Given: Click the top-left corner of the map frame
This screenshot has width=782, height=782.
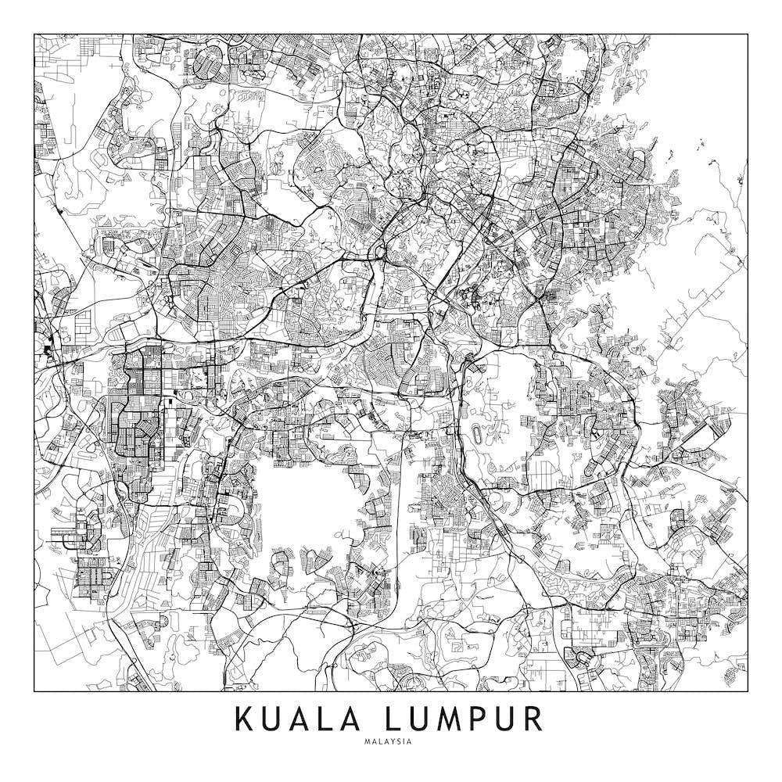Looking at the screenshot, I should click(34, 34).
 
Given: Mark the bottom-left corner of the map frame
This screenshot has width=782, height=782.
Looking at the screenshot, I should click(34, 692).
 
